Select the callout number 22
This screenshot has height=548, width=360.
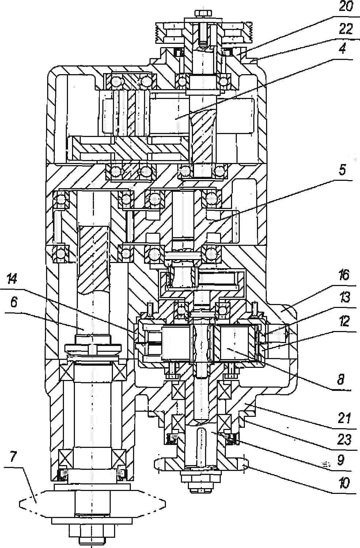click(346, 29)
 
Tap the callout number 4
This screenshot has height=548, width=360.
click(342, 49)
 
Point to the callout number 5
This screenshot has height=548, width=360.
click(342, 170)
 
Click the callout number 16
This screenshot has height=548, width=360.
click(344, 275)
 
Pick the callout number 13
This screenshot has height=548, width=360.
click(344, 297)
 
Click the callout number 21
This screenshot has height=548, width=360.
click(344, 418)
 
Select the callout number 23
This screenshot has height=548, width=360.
click(344, 439)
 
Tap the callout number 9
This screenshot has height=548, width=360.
click(341, 460)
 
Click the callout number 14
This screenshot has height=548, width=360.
click(12, 279)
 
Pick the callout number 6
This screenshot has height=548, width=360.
click(14, 302)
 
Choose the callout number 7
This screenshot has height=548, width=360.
click(13, 457)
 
